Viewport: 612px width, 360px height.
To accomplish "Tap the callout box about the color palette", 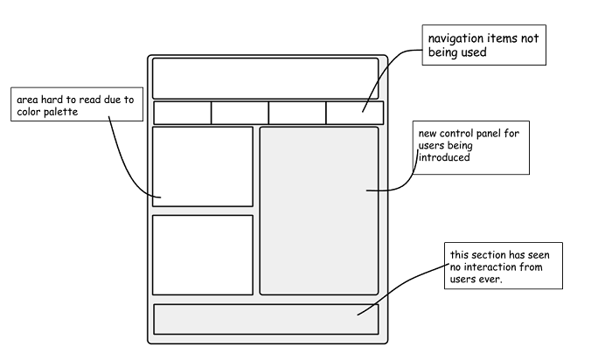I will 74,106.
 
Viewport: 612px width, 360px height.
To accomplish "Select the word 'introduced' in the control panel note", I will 444,158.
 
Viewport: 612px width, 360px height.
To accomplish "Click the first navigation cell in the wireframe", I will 183,113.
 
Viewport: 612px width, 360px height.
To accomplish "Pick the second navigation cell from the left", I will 240,113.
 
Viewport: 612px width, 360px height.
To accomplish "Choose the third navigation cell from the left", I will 297,113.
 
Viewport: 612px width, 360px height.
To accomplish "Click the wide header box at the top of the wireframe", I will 265,78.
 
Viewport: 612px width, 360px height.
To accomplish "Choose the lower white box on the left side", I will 202,254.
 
